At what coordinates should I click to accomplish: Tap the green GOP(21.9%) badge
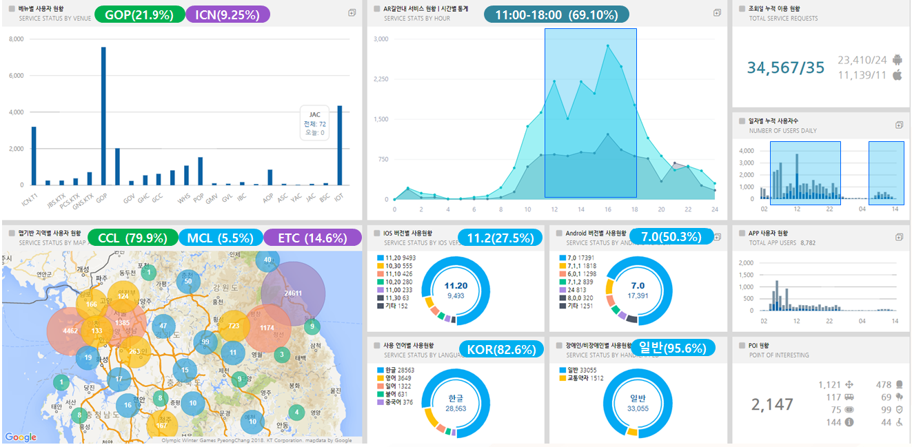(140, 14)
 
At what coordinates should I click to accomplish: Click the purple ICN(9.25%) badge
(227, 14)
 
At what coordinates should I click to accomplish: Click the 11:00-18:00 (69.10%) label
(556, 14)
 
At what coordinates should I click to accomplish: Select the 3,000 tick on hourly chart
(381, 39)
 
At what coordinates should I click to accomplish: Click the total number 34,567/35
(785, 67)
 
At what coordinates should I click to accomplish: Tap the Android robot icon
(898, 60)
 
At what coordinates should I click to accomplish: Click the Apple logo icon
(898, 75)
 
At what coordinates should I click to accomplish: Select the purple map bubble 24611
(293, 293)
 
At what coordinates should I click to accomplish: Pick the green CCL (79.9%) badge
(132, 238)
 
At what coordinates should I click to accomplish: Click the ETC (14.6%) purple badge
(312, 238)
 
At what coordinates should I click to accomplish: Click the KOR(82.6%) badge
(500, 349)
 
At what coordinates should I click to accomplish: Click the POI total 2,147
(772, 404)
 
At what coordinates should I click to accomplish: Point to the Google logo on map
(21, 437)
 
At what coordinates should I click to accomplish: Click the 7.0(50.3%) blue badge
(671, 237)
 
